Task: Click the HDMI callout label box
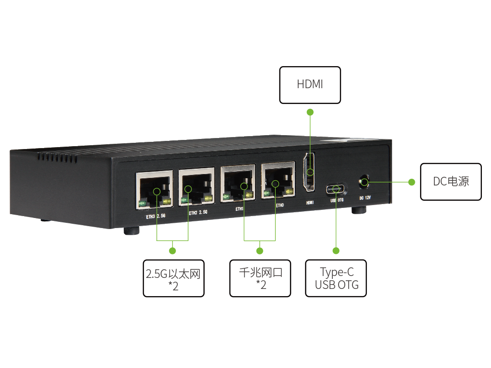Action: click(x=310, y=85)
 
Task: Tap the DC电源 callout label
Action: click(x=451, y=182)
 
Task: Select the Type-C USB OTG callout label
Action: click(x=336, y=278)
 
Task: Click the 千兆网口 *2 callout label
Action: click(x=260, y=278)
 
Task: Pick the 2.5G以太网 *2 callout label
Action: click(x=173, y=278)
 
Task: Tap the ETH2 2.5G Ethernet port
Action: click(x=196, y=187)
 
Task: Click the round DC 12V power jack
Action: click(x=364, y=182)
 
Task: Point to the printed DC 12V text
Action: click(x=365, y=198)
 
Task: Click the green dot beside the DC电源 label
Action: click(x=411, y=182)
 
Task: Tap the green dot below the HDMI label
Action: click(x=310, y=112)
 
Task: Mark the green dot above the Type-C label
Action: click(x=336, y=251)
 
